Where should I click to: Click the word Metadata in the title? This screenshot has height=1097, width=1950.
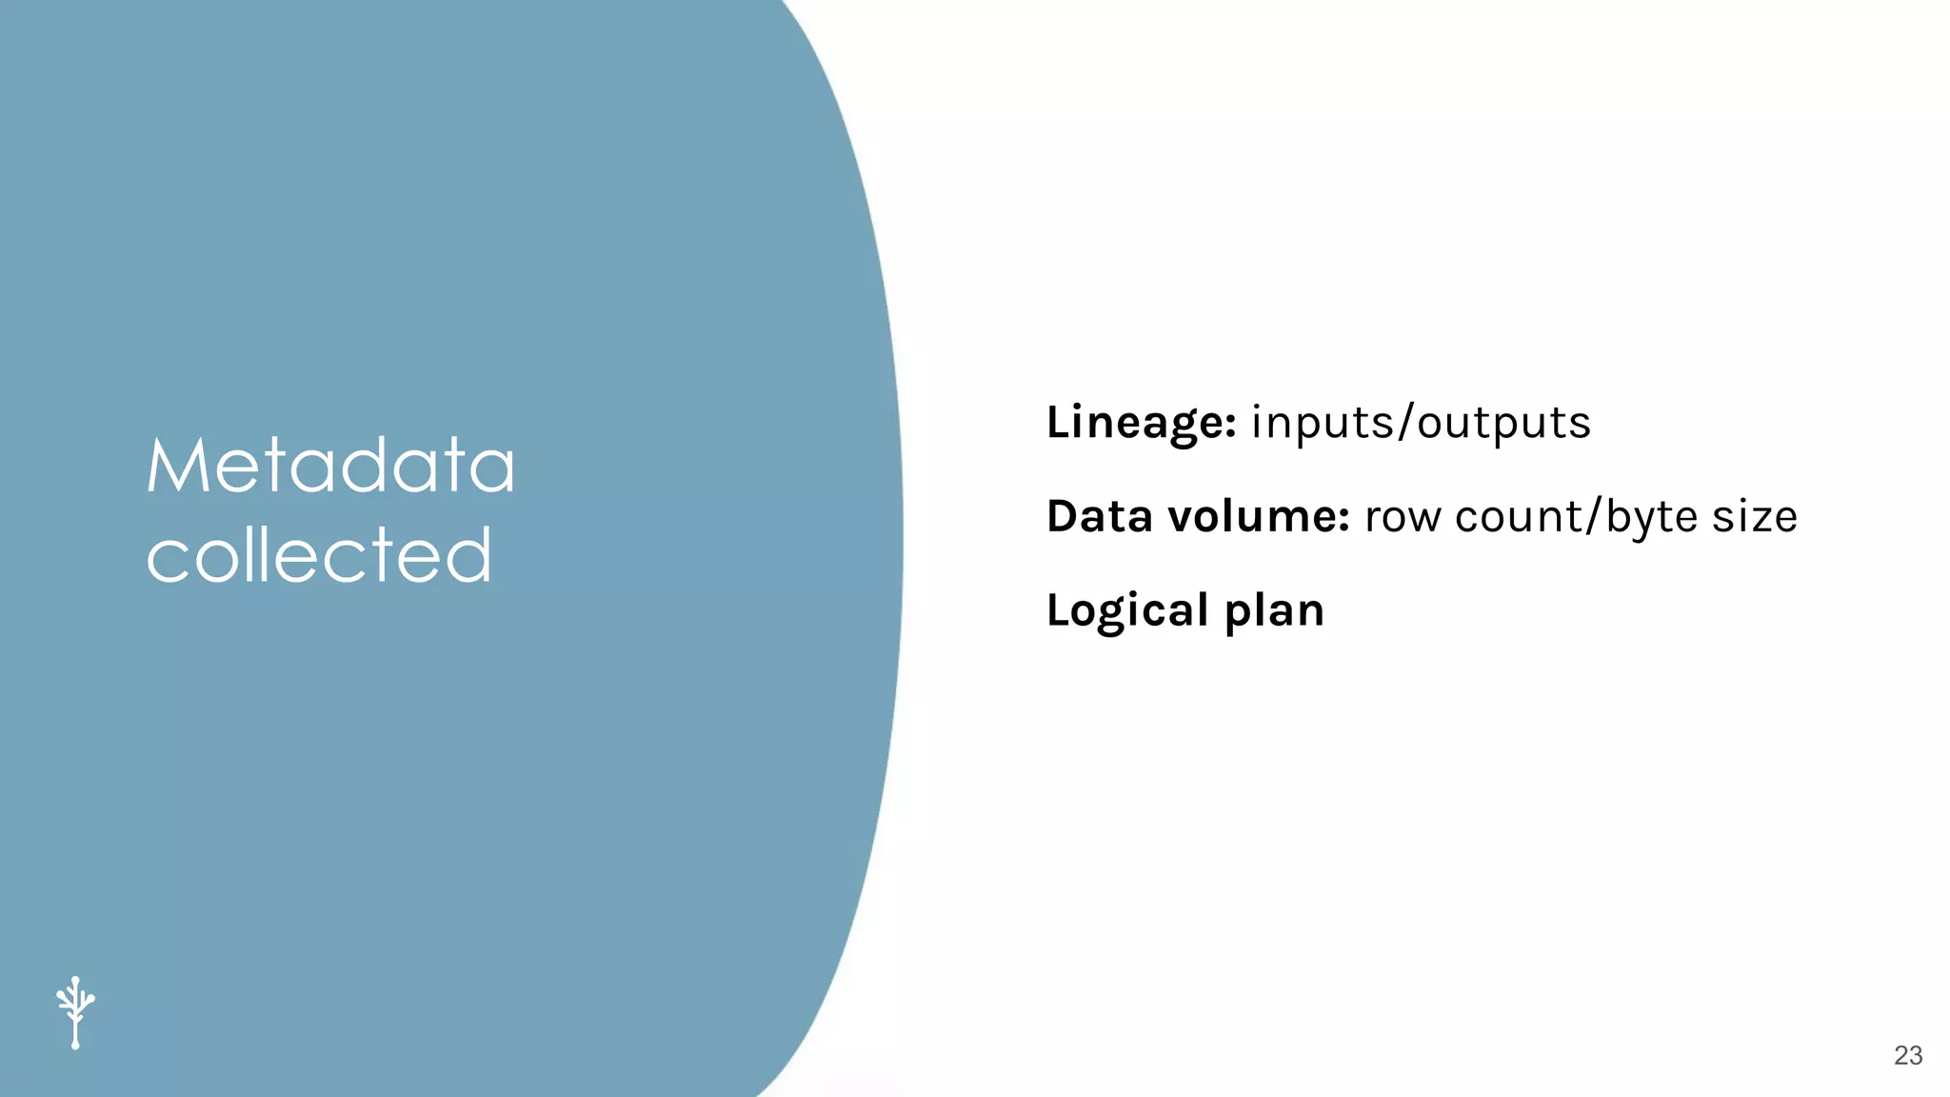point(330,466)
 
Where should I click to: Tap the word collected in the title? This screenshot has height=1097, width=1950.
point(319,555)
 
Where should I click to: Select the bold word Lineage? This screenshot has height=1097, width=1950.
point(1141,423)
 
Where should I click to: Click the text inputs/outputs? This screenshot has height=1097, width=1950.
point(1421,423)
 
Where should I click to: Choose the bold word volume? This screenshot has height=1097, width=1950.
point(1259,516)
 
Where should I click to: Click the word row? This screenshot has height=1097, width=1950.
point(1403,517)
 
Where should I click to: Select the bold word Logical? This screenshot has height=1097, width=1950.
point(1127,610)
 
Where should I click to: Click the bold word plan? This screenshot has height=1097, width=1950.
point(1274,611)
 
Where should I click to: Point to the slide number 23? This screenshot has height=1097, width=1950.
point(1908,1055)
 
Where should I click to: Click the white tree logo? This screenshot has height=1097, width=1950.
point(75,1012)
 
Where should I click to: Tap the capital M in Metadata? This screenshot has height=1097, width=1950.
point(174,466)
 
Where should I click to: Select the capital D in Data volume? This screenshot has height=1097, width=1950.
point(1063,516)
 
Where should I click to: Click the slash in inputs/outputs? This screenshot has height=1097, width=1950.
point(1405,423)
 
